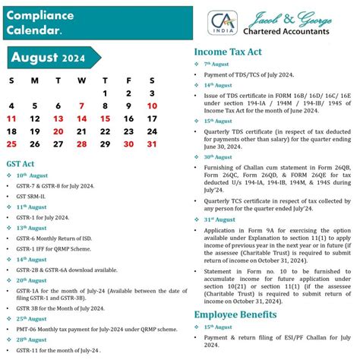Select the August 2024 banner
49,58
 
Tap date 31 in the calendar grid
152,144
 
